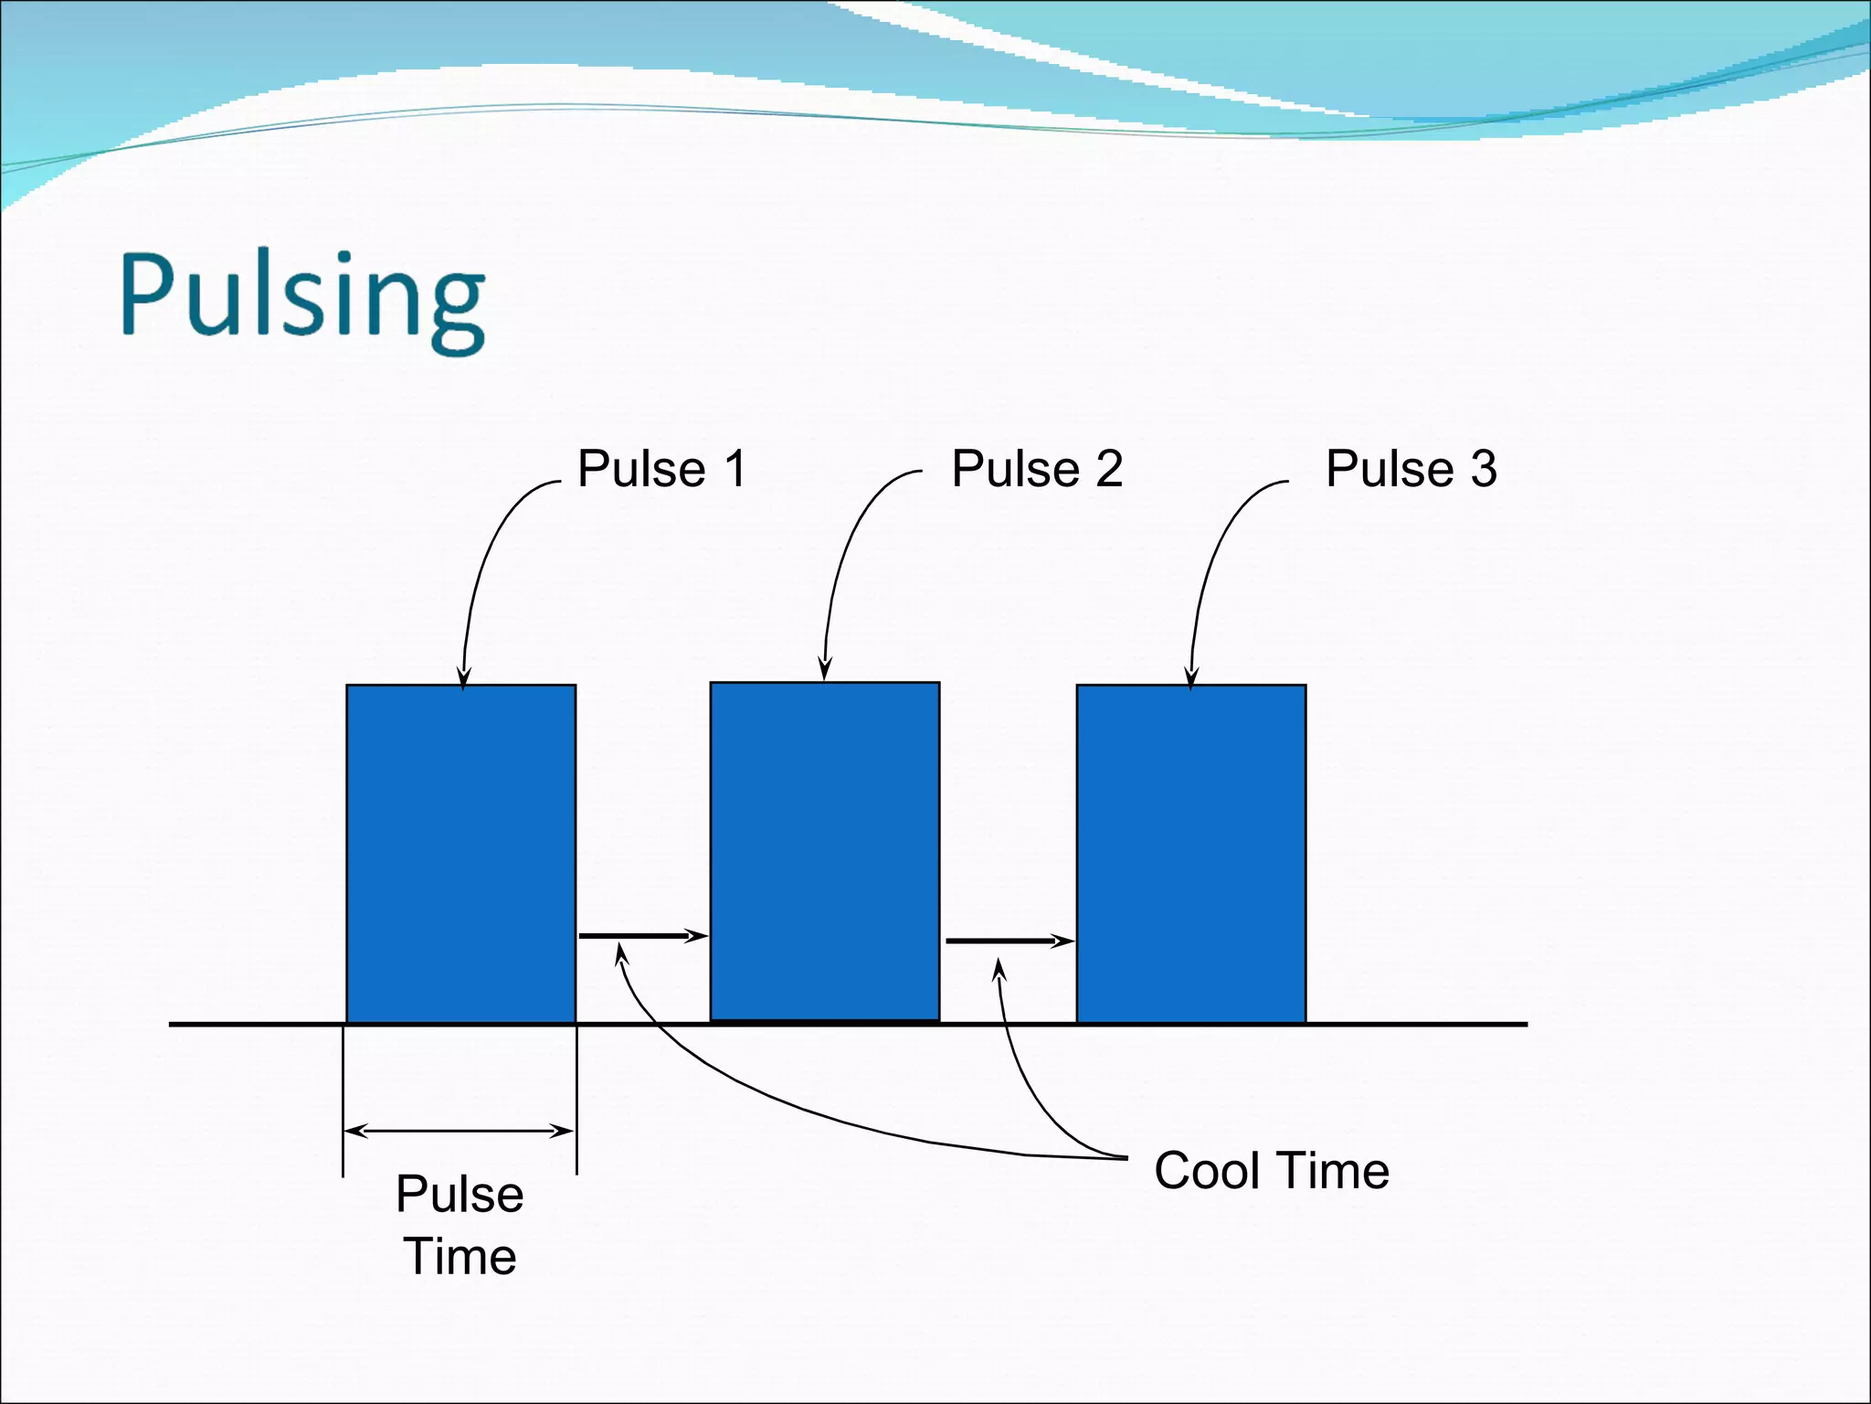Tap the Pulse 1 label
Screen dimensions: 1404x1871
pyautogui.click(x=662, y=469)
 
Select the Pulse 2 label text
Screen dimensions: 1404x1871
pyautogui.click(x=1037, y=469)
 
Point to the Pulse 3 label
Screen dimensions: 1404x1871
pyautogui.click(x=1411, y=469)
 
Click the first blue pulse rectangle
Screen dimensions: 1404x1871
pyautogui.click(x=460, y=853)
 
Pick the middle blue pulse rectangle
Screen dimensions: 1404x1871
pyautogui.click(x=825, y=851)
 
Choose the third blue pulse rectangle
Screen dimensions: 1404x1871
pyautogui.click(x=1190, y=853)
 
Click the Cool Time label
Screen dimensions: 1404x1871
pyautogui.click(x=1271, y=1170)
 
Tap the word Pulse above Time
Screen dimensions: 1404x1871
pyautogui.click(x=460, y=1194)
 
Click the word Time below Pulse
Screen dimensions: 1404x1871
pyautogui.click(x=460, y=1256)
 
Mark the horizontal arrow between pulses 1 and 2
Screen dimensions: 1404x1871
pyautogui.click(x=642, y=936)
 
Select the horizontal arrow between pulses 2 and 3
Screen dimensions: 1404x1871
pyautogui.click(x=1009, y=941)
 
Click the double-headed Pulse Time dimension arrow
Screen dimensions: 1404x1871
pyautogui.click(x=460, y=1132)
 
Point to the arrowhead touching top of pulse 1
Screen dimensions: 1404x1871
pyautogui.click(x=463, y=679)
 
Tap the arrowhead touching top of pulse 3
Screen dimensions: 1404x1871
pyautogui.click(x=1190, y=679)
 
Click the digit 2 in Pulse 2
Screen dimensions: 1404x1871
pyautogui.click(x=1108, y=469)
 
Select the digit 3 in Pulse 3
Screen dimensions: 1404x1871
pyautogui.click(x=1483, y=469)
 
